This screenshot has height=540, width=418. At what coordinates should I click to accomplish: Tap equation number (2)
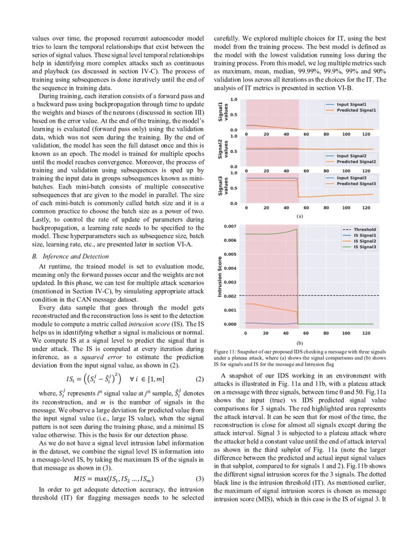199,379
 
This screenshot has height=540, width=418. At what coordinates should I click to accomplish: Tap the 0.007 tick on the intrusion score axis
230,226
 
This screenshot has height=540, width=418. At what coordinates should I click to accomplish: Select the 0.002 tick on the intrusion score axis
230,296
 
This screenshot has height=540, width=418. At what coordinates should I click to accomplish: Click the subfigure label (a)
299,216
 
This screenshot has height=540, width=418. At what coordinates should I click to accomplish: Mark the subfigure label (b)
299,343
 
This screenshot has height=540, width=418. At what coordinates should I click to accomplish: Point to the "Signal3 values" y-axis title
223,188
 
